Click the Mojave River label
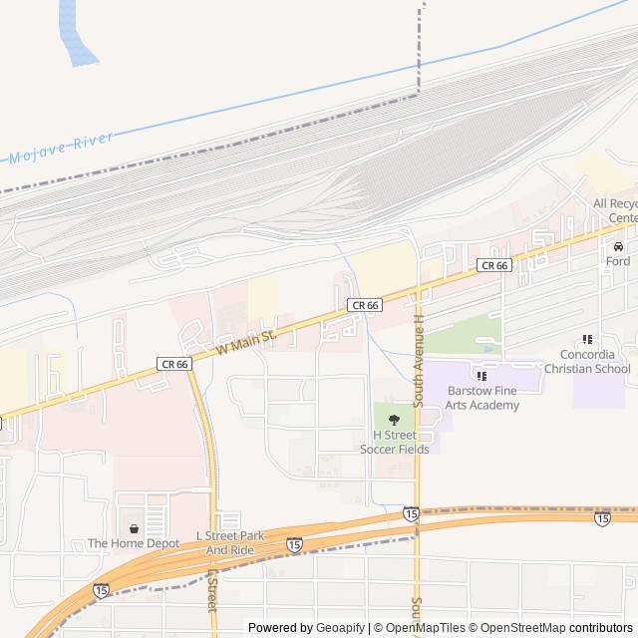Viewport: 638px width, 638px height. (62, 149)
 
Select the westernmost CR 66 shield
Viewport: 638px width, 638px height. (173, 365)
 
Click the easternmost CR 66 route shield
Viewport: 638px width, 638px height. (494, 265)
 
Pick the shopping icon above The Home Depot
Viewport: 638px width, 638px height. (134, 528)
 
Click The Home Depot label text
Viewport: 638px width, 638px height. (134, 543)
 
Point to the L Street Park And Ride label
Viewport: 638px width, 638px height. (235, 543)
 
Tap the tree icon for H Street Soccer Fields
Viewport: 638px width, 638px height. (394, 420)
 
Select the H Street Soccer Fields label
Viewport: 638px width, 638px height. (395, 443)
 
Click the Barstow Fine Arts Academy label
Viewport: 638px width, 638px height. (482, 398)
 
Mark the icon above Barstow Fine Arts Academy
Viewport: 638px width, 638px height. (482, 376)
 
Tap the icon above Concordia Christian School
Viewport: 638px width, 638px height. (587, 340)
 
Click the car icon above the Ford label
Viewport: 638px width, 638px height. (618, 246)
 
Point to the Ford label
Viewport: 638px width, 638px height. (618, 261)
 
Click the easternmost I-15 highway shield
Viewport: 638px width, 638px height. (602, 518)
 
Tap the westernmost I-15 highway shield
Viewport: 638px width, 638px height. (101, 591)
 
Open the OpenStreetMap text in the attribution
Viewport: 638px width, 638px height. (517, 628)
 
